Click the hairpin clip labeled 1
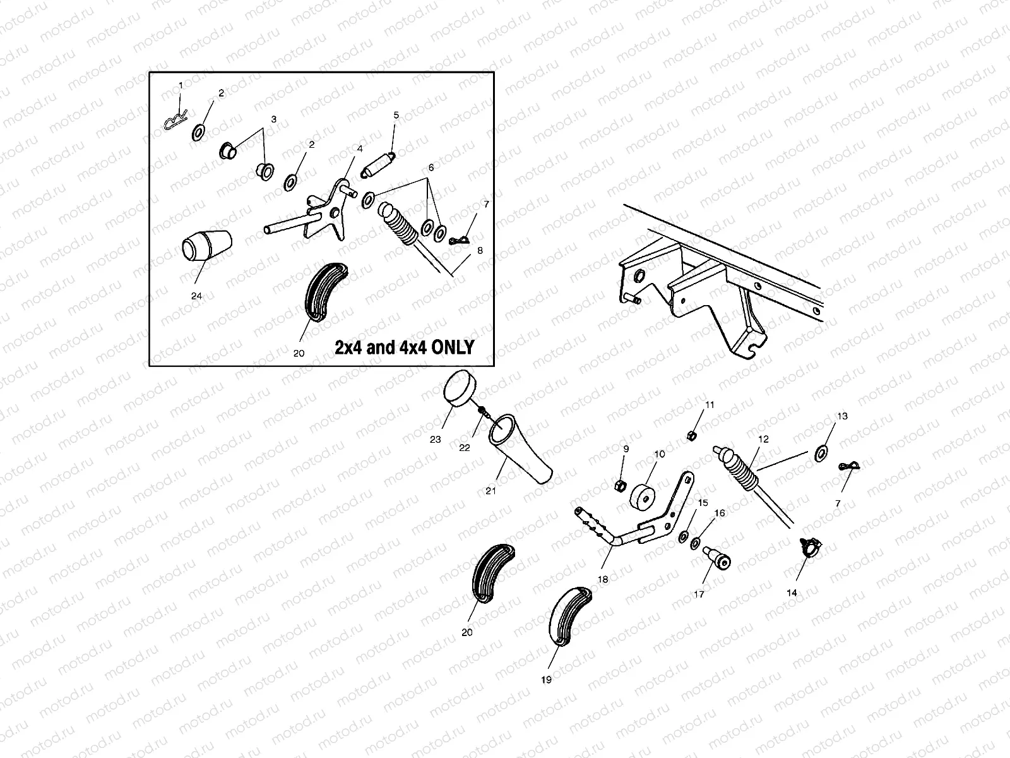pos(175,122)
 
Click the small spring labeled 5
pos(377,164)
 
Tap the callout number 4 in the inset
pos(360,148)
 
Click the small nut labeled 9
pos(620,484)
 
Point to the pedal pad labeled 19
pos(569,617)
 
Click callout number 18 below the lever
pos(602,579)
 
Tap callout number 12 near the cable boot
pos(764,439)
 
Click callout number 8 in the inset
pos(480,250)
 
